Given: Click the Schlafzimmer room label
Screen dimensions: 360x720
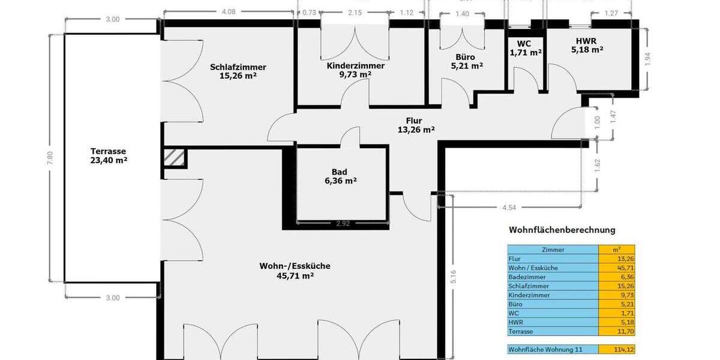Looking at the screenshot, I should pyautogui.click(x=238, y=71).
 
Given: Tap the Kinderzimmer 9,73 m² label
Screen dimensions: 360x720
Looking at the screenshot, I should pyautogui.click(x=356, y=70).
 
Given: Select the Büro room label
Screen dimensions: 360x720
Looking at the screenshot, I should pyautogui.click(x=466, y=62).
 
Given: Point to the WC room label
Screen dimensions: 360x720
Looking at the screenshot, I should pyautogui.click(x=526, y=48).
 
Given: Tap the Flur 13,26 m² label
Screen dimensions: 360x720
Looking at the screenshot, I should pyautogui.click(x=416, y=125).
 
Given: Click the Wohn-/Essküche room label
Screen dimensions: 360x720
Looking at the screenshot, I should pyautogui.click(x=295, y=271).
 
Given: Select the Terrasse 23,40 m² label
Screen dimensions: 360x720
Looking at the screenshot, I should pyautogui.click(x=109, y=156).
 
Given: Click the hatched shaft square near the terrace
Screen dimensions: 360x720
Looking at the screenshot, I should pyautogui.click(x=175, y=158).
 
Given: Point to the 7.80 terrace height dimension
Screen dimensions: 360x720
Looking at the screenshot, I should pyautogui.click(x=50, y=158).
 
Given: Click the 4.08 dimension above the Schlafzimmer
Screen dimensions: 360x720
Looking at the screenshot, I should pyautogui.click(x=229, y=11).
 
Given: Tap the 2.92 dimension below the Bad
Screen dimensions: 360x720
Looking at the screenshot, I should pyautogui.click(x=343, y=224).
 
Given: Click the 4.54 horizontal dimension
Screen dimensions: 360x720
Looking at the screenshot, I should pyautogui.click(x=509, y=208).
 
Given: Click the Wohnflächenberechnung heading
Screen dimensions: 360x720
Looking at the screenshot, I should pyautogui.click(x=562, y=230).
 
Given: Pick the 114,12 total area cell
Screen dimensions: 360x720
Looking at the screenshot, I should pyautogui.click(x=616, y=349).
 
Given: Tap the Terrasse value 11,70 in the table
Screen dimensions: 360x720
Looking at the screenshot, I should pyautogui.click(x=616, y=331).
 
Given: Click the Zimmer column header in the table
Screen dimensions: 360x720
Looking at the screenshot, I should pyautogui.click(x=552, y=249).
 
